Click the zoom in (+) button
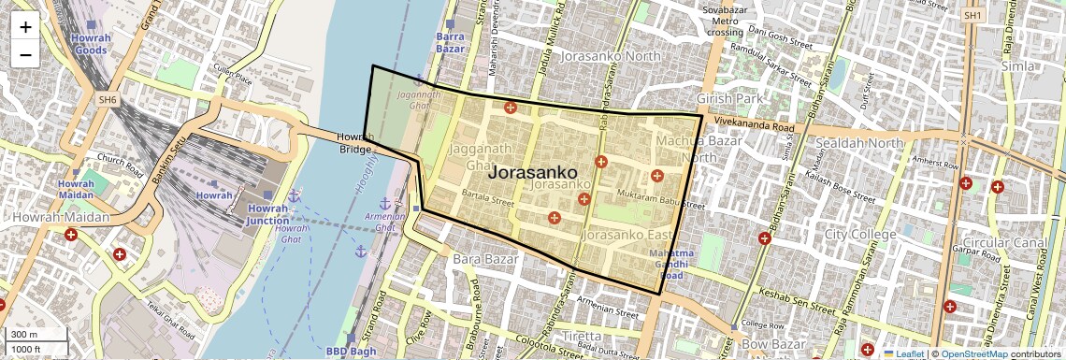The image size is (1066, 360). click(x=25, y=26)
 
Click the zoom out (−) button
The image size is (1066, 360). click(x=25, y=54)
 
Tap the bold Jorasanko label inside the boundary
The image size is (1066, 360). click(x=533, y=173)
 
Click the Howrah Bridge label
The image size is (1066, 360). click(x=355, y=142)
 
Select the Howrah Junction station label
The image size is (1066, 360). click(x=267, y=214)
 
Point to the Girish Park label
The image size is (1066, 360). click(x=730, y=97)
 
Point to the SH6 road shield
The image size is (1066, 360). click(x=108, y=99)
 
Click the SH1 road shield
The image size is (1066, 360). click(x=973, y=16)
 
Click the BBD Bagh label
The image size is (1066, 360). click(x=350, y=352)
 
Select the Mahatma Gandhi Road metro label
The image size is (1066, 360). click(x=671, y=265)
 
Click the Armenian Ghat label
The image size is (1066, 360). click(x=392, y=222)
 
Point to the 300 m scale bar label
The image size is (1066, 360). click(x=25, y=334)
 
